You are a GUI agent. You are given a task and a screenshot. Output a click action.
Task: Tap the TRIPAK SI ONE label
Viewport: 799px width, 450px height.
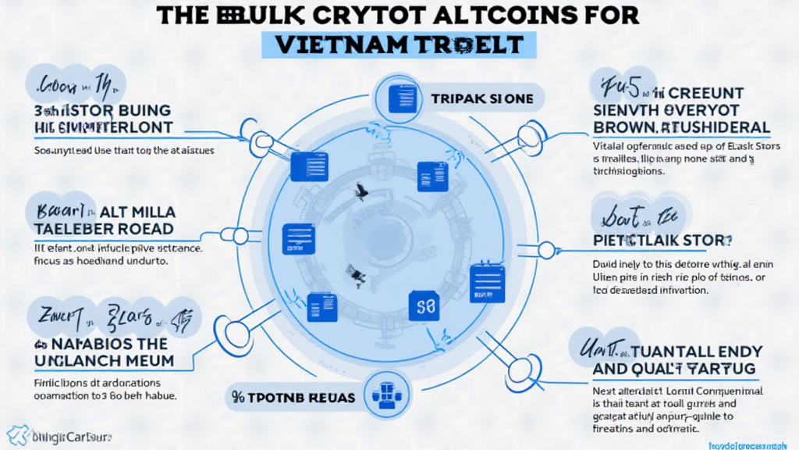[481, 99]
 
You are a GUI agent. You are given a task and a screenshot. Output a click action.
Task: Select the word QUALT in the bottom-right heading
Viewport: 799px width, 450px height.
[647, 367]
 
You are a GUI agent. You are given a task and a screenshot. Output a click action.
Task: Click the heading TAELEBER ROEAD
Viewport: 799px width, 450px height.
[103, 230]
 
